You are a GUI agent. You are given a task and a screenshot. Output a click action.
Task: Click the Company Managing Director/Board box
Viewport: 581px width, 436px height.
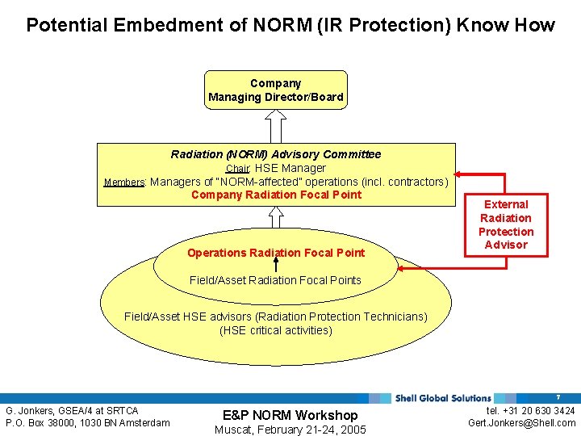tap(276, 90)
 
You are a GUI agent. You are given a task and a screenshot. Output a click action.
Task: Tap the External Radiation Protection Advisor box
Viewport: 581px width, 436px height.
tap(506, 224)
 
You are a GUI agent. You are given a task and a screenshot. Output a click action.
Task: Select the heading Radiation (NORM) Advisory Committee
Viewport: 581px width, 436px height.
tap(276, 154)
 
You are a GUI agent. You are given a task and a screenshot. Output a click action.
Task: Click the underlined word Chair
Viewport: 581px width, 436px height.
tap(238, 169)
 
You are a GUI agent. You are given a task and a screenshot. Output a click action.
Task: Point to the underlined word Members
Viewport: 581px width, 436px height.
tap(124, 182)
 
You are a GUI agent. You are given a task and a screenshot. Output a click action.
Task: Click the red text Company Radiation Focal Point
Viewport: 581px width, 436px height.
tap(276, 195)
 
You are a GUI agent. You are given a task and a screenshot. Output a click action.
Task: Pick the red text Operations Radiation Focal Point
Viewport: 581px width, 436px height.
tap(276, 253)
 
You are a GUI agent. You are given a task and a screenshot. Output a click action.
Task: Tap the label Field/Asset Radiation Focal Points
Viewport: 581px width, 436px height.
tap(275, 280)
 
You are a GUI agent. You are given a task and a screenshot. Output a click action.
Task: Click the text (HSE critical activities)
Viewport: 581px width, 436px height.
tap(275, 330)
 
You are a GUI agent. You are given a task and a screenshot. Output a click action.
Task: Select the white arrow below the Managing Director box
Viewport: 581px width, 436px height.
tap(276, 125)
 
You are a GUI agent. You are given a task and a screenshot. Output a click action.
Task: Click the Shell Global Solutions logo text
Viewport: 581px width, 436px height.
tap(443, 398)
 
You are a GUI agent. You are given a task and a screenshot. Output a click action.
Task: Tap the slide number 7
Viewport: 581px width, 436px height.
tap(558, 398)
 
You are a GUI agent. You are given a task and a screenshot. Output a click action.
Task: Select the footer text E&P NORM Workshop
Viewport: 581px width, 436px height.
tap(290, 415)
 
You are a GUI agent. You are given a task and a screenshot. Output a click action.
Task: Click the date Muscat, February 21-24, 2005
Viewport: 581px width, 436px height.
tap(290, 430)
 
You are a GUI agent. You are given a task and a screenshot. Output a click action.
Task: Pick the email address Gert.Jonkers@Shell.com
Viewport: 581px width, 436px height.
tap(521, 423)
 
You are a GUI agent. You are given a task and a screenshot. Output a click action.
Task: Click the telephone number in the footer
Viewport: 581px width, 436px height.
tap(525, 411)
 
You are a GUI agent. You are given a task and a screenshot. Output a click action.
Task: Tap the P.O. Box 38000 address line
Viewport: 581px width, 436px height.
tap(87, 423)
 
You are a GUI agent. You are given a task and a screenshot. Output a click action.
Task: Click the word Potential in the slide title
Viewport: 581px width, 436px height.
tap(68, 25)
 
